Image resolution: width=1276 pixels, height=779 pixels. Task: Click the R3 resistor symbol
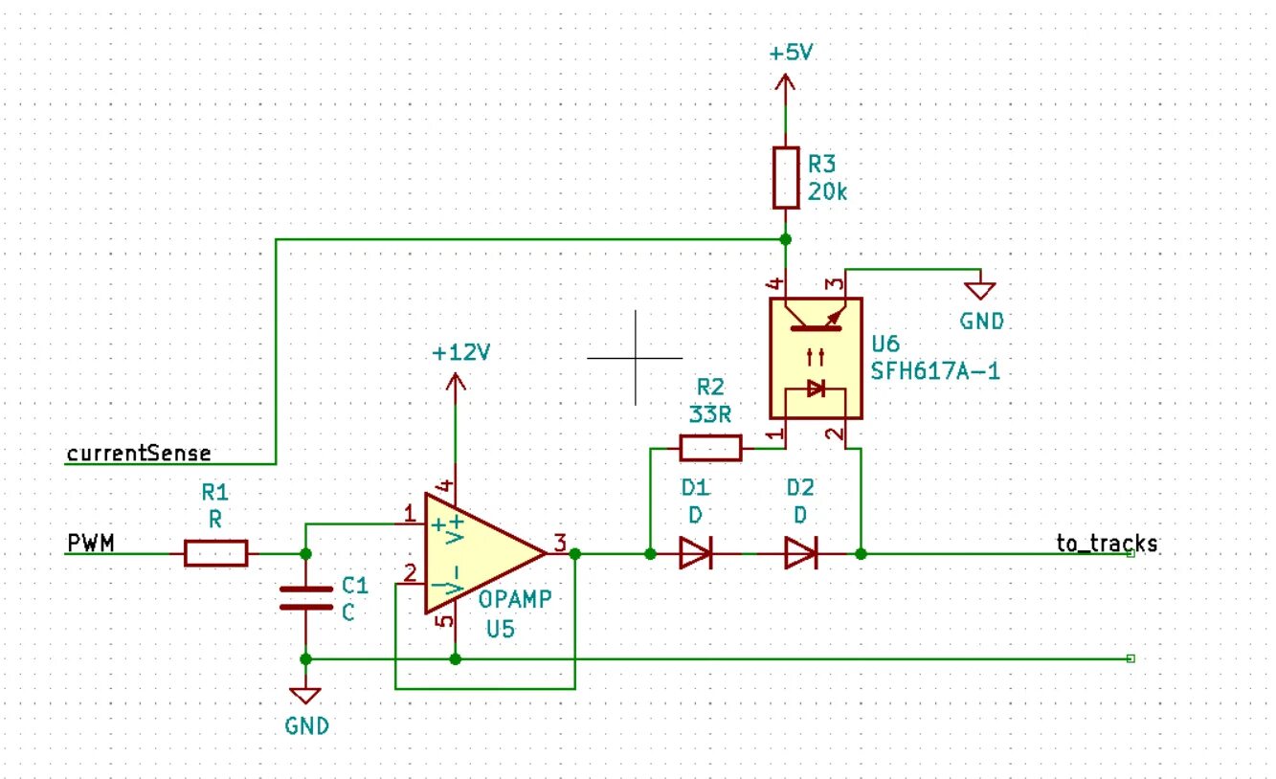pyautogui.click(x=786, y=178)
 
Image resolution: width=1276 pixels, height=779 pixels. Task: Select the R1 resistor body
pyautogui.click(x=216, y=553)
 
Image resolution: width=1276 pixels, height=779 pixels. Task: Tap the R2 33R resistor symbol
pyautogui.click(x=710, y=448)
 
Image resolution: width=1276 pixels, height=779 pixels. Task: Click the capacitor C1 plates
pyautogui.click(x=306, y=598)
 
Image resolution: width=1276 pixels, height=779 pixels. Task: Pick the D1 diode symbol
pyautogui.click(x=696, y=553)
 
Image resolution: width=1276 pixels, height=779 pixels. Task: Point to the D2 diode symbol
pyautogui.click(x=801, y=553)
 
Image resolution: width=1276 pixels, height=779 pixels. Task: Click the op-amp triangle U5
pyautogui.click(x=485, y=553)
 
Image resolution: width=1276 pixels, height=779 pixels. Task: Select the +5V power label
pyautogui.click(x=791, y=53)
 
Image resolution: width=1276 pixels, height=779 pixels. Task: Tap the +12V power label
pyautogui.click(x=460, y=353)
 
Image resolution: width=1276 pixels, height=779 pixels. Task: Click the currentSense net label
pyautogui.click(x=139, y=454)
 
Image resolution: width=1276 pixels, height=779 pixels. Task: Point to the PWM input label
pyautogui.click(x=91, y=543)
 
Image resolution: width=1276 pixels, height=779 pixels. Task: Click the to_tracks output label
pyautogui.click(x=1107, y=544)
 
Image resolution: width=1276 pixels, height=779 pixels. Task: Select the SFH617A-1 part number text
pyautogui.click(x=935, y=371)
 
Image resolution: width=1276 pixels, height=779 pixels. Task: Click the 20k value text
pyautogui.click(x=827, y=192)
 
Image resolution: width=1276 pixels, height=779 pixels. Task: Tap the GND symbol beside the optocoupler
pyautogui.click(x=980, y=291)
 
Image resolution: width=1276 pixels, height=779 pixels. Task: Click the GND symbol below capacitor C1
pyautogui.click(x=305, y=696)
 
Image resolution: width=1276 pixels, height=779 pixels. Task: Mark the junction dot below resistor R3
pyautogui.click(x=786, y=239)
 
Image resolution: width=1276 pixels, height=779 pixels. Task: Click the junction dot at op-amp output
pyautogui.click(x=575, y=553)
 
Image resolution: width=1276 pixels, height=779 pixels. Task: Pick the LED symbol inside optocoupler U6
pyautogui.click(x=816, y=389)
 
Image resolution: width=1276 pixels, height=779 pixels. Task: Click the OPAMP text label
pyautogui.click(x=515, y=600)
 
